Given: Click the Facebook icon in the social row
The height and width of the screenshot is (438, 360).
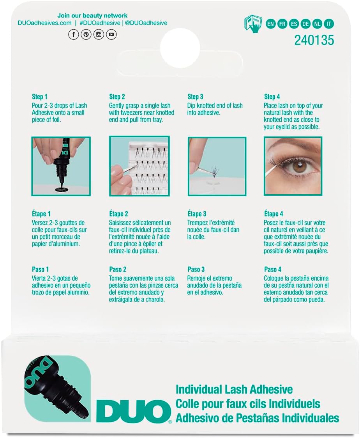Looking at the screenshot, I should pos(73,35).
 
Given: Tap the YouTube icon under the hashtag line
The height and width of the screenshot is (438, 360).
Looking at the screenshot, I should pos(111,35).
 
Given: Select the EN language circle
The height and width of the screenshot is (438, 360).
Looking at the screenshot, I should pos(270,24).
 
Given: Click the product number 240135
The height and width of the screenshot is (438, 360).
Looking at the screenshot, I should pos(314,41).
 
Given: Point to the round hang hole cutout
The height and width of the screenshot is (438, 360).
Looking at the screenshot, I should pos(180,48).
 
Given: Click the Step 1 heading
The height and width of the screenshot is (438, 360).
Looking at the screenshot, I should pos(39,97).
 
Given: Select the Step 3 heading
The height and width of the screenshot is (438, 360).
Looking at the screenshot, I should pos(196,97).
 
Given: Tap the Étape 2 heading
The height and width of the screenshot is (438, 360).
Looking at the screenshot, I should pos(118,214).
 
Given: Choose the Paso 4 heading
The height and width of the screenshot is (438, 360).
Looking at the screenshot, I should pos(273,270).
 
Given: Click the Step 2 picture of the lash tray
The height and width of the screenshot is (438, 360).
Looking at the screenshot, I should pos(139,166).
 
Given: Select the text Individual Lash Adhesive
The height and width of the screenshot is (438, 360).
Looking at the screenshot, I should pos(234,389).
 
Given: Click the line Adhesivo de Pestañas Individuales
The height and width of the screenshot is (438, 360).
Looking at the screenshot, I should pos(257,418).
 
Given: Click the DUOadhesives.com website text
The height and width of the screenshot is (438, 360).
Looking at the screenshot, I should pos(44,23).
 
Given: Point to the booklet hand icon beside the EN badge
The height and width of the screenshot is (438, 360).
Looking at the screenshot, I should pos(253,23).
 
